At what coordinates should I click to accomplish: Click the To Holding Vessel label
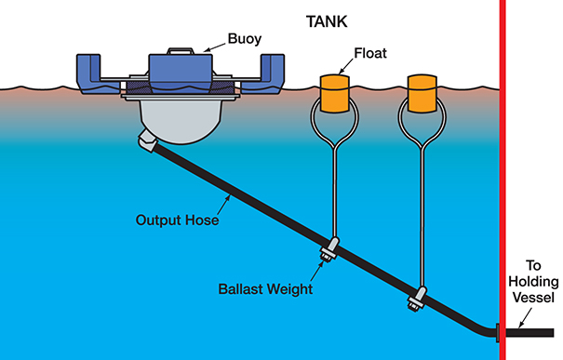[535, 280]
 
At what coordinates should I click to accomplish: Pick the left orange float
[334, 93]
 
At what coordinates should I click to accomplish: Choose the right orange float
[424, 93]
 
